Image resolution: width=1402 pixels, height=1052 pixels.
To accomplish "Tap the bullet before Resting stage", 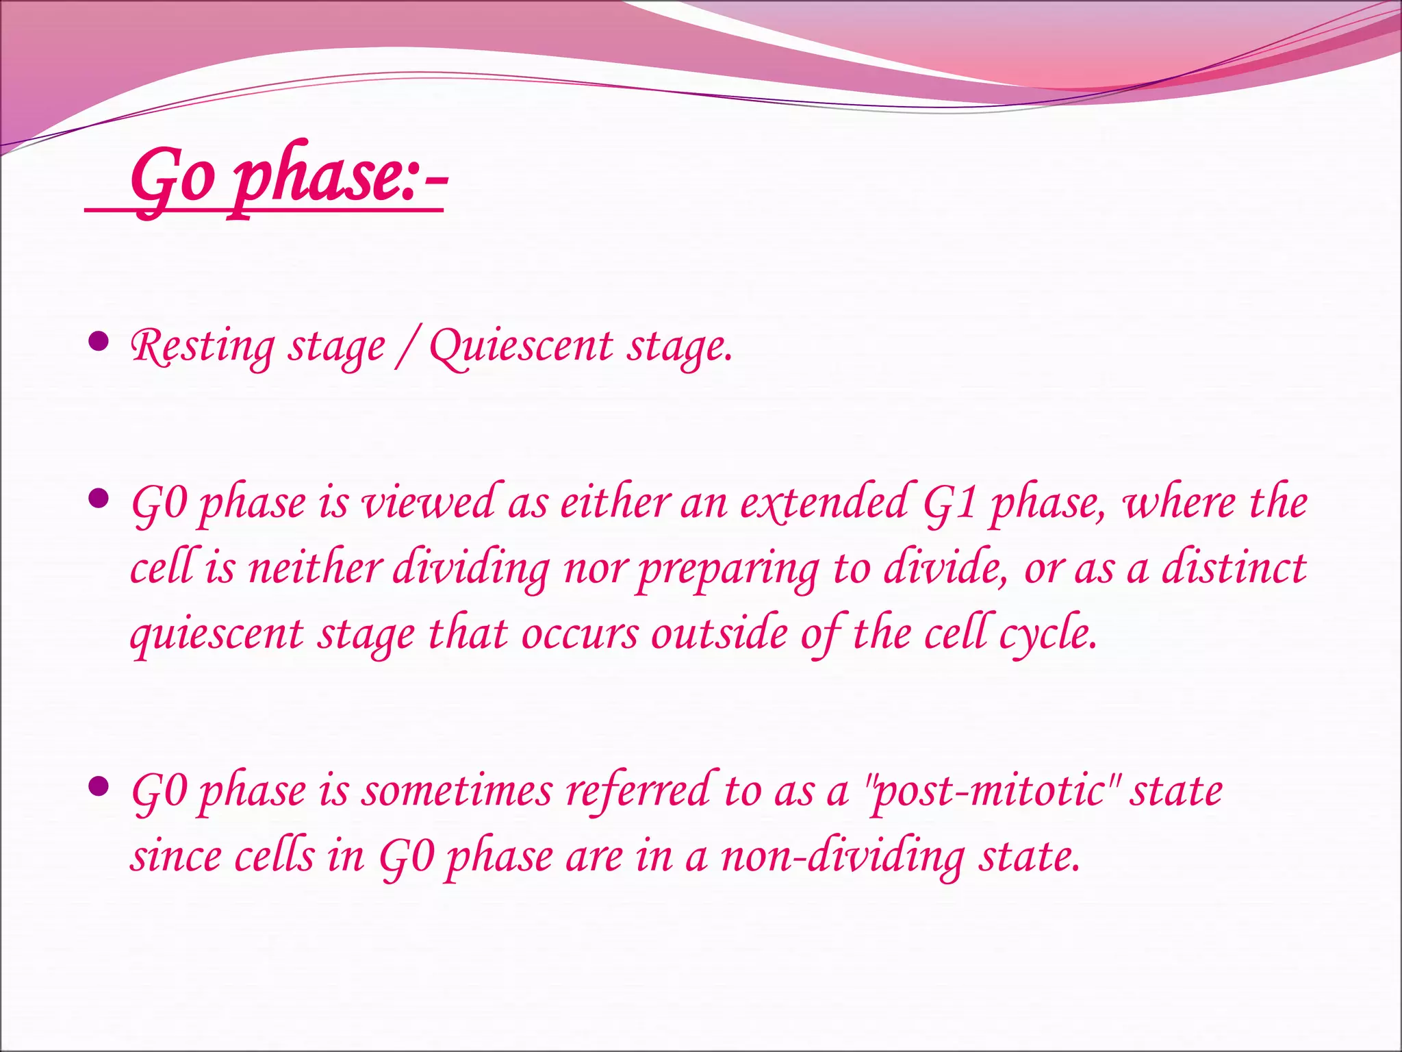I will [x=99, y=341].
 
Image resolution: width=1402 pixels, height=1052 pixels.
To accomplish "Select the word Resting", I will [x=202, y=347].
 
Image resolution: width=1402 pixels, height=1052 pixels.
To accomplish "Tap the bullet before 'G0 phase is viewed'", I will [x=99, y=499].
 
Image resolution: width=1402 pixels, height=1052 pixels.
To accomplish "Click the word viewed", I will [x=428, y=503].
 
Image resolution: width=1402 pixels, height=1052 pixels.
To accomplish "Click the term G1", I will [x=949, y=503].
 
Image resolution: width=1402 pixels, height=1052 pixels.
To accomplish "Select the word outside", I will [x=719, y=634].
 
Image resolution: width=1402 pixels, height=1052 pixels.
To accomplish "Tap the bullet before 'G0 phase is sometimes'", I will [x=99, y=786].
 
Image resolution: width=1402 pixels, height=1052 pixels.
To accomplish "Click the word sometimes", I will [x=457, y=791].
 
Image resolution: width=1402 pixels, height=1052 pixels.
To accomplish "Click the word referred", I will [x=639, y=791].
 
